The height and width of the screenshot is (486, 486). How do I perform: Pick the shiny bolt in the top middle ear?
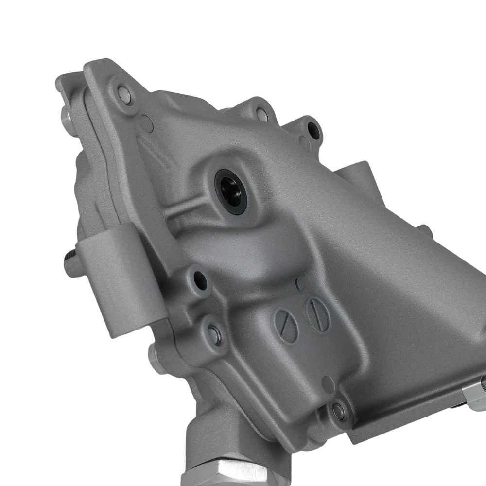(261, 115)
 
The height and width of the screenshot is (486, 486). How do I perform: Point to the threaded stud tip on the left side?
(68, 256)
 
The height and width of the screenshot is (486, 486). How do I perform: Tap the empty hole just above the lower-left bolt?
(200, 280)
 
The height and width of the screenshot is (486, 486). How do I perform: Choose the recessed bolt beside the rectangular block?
(214, 334)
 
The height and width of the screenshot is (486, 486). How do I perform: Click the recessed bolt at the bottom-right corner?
(338, 412)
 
